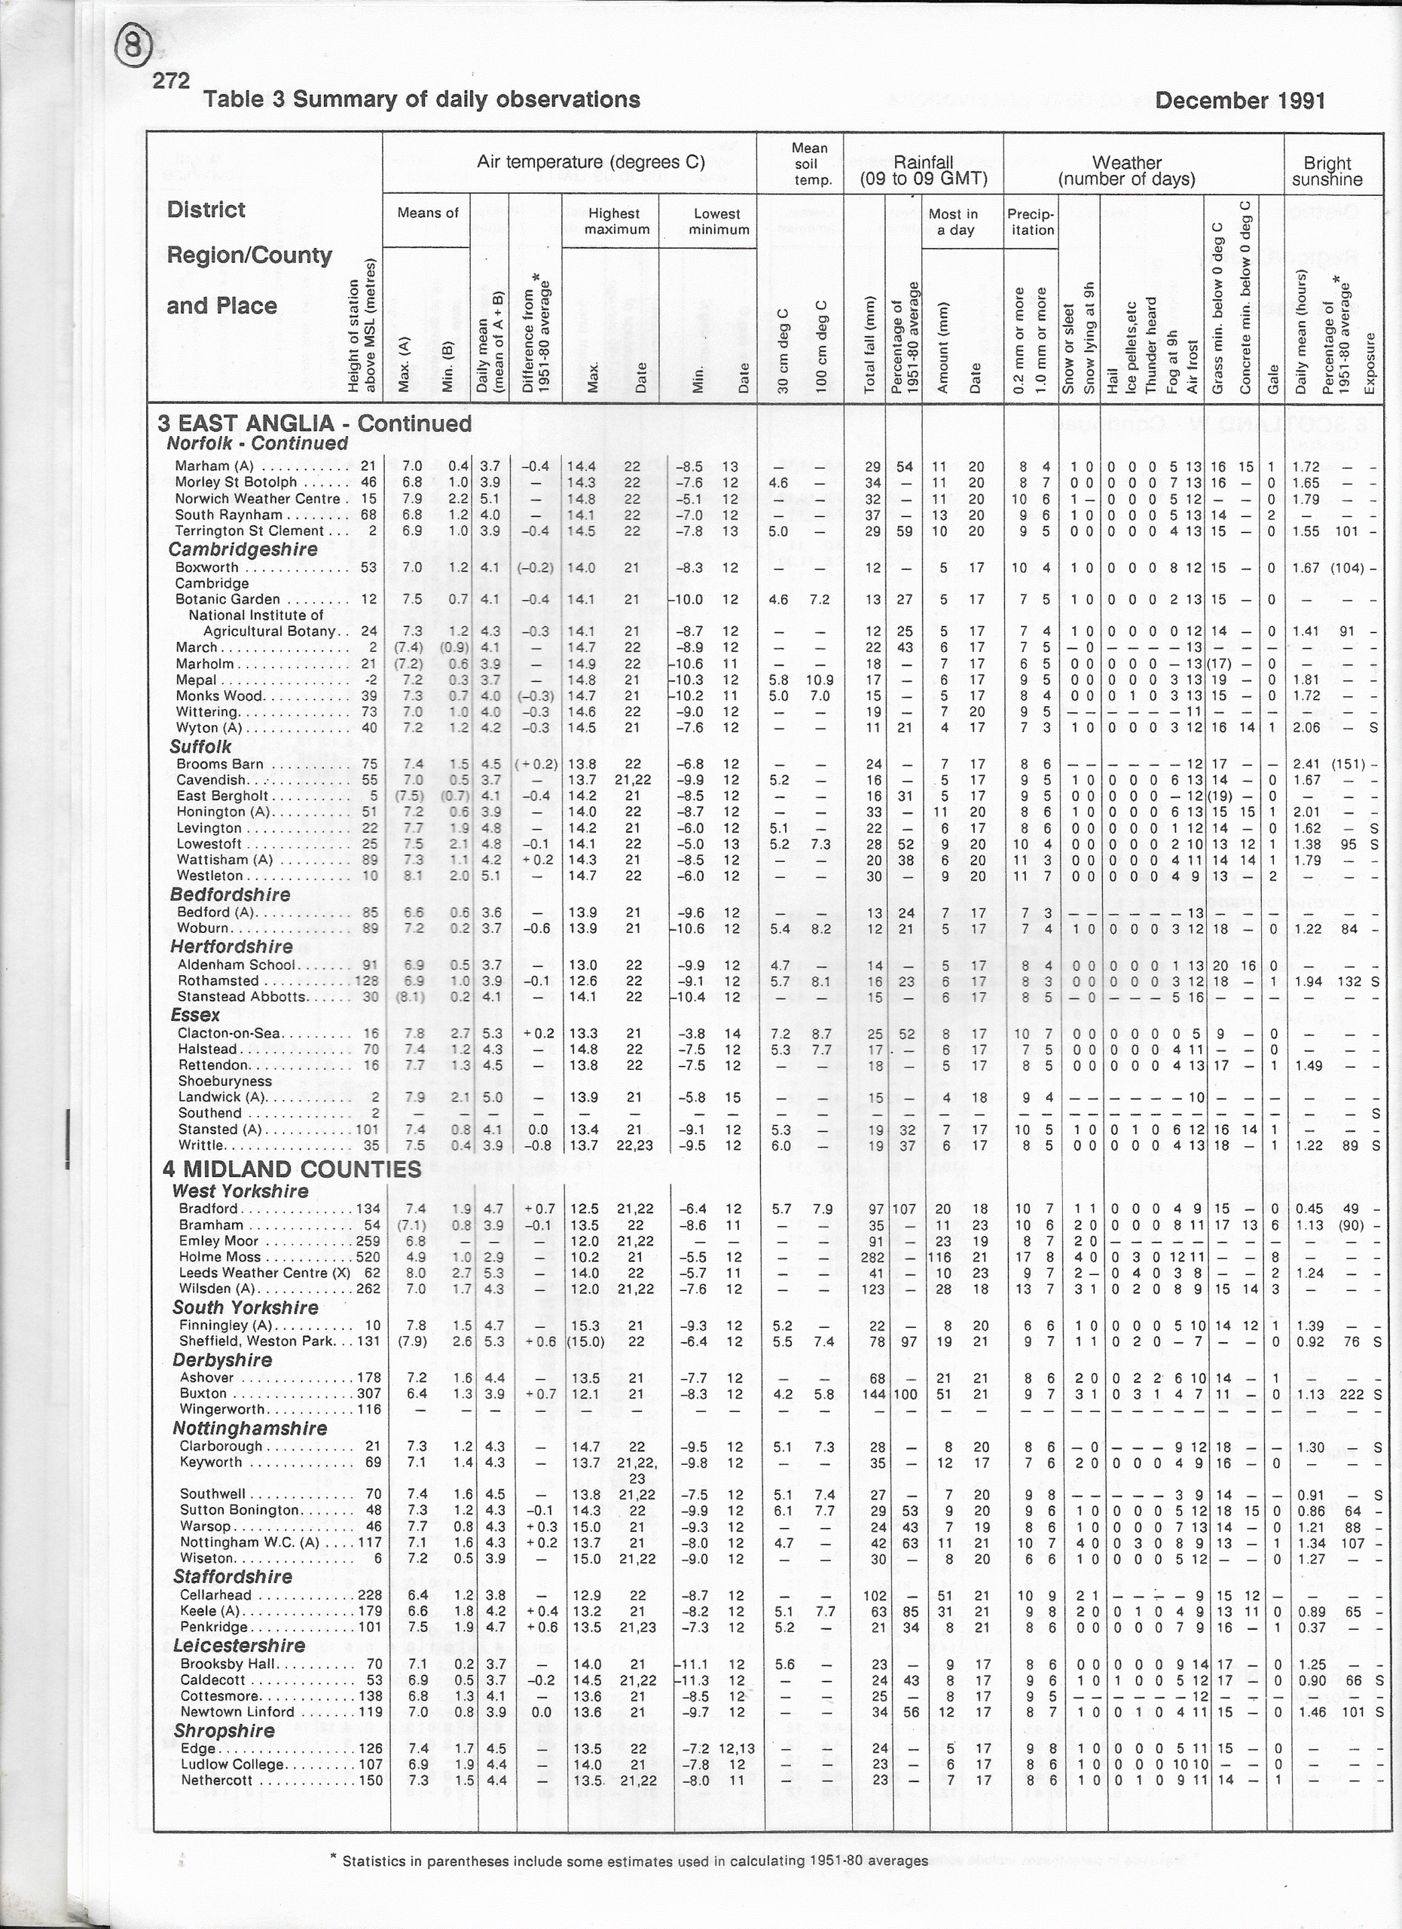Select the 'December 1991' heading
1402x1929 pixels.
tap(1239, 101)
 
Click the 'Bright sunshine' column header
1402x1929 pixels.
tap(1327, 171)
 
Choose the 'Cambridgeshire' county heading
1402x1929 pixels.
tap(243, 549)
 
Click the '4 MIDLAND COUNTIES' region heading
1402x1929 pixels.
tap(292, 1169)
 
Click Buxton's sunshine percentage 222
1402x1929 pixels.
tap(1352, 1394)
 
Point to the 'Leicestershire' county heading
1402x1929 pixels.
tap(239, 1646)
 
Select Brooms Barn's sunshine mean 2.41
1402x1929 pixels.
tap(1306, 764)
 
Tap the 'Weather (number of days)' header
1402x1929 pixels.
tap(1126, 171)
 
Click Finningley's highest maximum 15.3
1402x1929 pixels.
tap(583, 1325)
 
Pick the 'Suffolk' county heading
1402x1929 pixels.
tap(200, 747)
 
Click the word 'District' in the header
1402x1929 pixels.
tap(206, 210)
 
